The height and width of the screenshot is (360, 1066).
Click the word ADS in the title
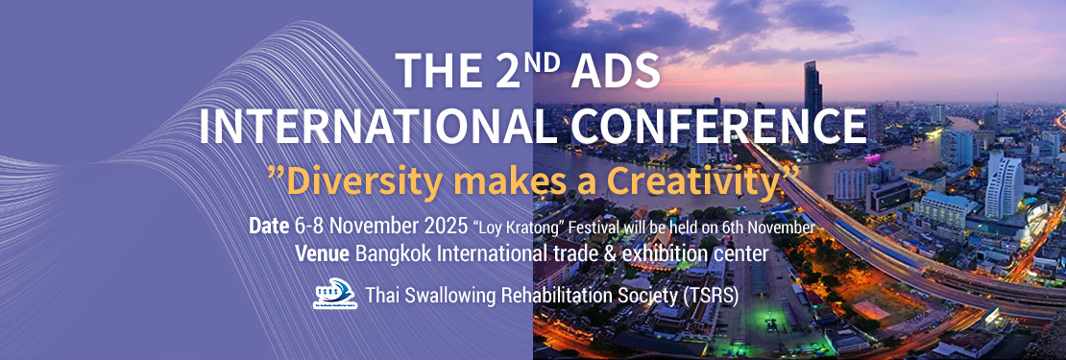point(616,71)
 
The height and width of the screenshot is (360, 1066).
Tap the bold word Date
point(269,227)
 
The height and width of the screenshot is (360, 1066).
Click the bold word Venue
point(323,254)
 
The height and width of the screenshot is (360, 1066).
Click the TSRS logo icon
point(334,294)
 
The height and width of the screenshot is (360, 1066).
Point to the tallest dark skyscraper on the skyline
point(812,102)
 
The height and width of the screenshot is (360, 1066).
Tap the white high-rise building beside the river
point(1005,184)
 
